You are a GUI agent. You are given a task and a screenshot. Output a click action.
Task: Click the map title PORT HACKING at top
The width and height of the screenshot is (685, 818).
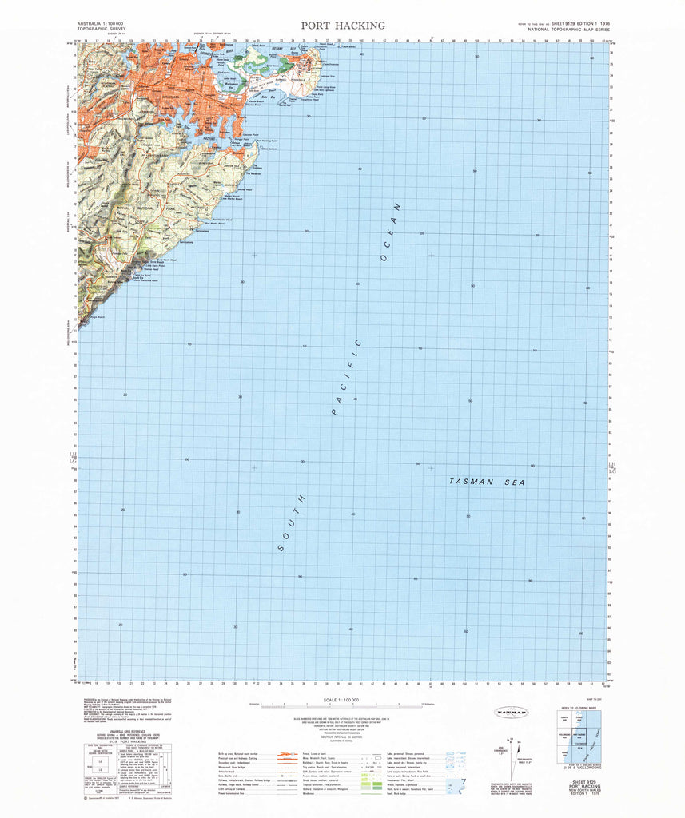pos(343,26)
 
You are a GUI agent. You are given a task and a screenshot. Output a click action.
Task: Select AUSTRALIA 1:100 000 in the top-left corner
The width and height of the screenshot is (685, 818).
pos(100,26)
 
